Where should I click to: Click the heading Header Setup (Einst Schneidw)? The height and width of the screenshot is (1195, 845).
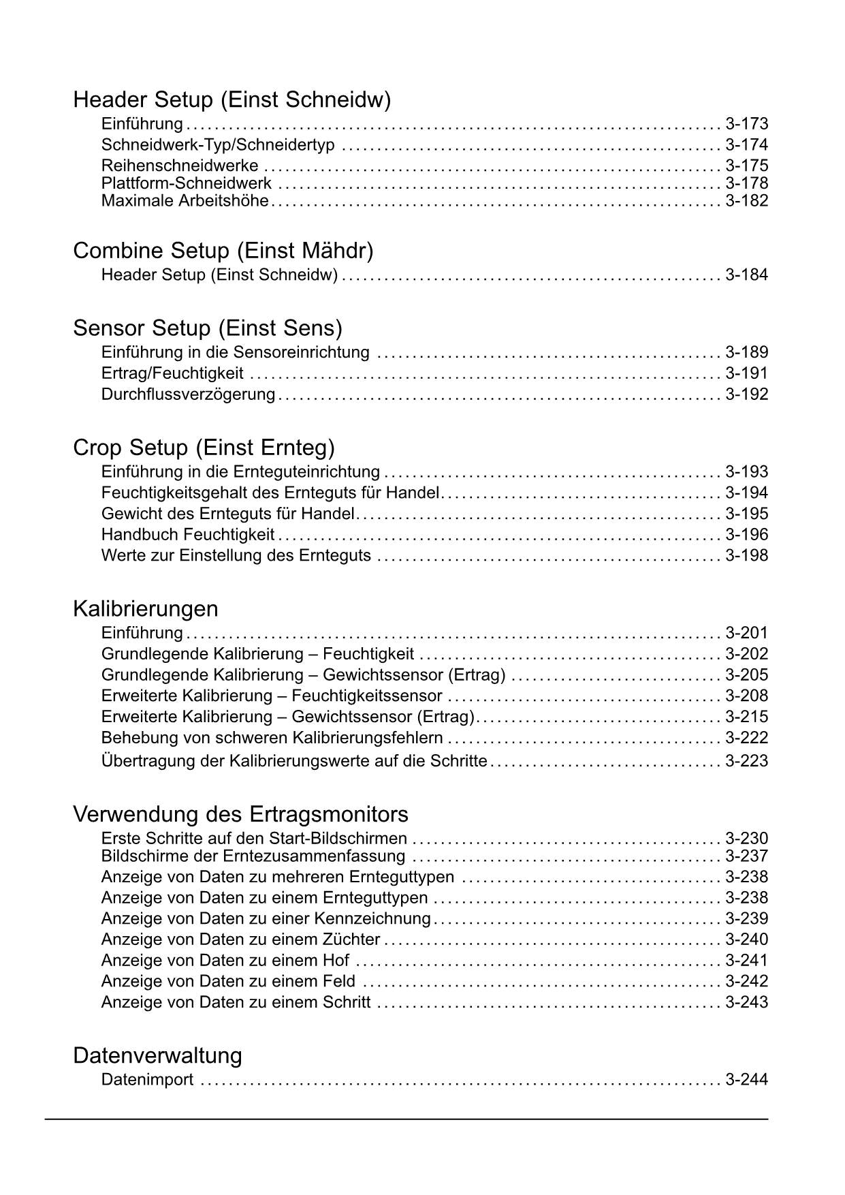tap(232, 100)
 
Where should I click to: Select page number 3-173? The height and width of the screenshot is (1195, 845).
tap(746, 124)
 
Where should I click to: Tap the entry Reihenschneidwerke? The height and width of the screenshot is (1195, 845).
tap(180, 166)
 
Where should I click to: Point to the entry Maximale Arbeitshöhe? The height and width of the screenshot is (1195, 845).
tap(185, 201)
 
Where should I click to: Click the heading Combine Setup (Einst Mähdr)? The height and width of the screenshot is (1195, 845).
tap(223, 251)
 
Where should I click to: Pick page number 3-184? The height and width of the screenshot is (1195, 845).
tap(746, 275)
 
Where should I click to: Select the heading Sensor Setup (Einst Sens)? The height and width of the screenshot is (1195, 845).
tap(207, 328)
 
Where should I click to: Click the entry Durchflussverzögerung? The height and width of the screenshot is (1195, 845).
tap(188, 394)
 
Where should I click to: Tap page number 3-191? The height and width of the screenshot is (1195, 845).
tap(746, 373)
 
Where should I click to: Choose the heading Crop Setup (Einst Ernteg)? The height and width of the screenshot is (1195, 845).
tap(204, 448)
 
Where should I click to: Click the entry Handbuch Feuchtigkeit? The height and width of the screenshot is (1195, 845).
tap(188, 535)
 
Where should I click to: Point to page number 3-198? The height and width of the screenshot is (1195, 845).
tap(746, 556)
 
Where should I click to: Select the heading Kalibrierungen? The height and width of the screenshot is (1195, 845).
tap(145, 608)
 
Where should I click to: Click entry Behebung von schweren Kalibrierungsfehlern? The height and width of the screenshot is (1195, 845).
tap(272, 738)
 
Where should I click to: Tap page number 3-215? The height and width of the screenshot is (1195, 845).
tap(746, 717)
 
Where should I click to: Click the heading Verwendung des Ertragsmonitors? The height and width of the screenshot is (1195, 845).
tap(240, 814)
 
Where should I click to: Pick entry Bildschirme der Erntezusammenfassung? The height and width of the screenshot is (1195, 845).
tap(253, 856)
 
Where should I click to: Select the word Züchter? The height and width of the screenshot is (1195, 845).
tap(351, 940)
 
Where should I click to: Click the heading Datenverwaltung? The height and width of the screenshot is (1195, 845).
tap(157, 1055)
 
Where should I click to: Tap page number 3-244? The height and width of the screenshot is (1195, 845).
tap(746, 1080)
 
